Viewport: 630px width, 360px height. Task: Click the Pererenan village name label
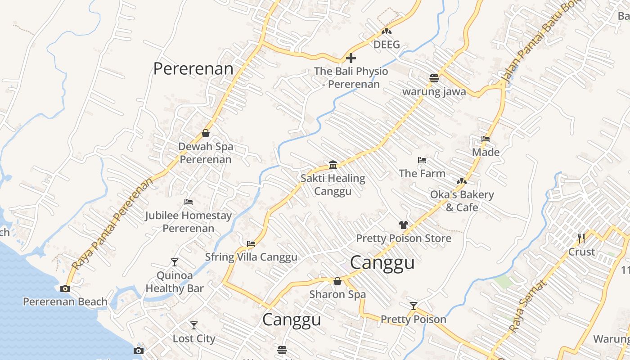coord(193,69)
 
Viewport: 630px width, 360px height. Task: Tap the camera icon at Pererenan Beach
coord(65,288)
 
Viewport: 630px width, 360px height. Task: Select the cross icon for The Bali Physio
coord(351,58)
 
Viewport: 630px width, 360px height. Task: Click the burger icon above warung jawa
coord(434,78)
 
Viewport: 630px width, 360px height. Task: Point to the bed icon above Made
coord(486,139)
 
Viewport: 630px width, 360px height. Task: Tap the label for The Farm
coord(422,173)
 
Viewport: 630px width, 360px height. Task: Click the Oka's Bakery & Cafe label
coord(462,201)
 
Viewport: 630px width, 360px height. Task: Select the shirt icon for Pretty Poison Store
coord(403,225)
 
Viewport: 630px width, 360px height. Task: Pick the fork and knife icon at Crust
coord(581,238)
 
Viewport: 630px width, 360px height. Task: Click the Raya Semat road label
coord(529,306)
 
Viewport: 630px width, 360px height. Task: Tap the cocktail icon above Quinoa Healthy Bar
coord(175,262)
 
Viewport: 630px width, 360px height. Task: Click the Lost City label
coord(194,338)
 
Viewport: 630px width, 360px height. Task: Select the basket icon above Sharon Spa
coord(337,281)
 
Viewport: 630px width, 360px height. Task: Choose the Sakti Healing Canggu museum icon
coord(333,165)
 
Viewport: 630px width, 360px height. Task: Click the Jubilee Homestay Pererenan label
coord(188,222)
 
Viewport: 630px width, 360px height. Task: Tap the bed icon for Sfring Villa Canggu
coord(251,244)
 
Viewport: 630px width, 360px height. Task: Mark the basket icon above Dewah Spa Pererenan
coord(206,133)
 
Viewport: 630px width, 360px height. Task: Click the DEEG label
coord(387,45)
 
